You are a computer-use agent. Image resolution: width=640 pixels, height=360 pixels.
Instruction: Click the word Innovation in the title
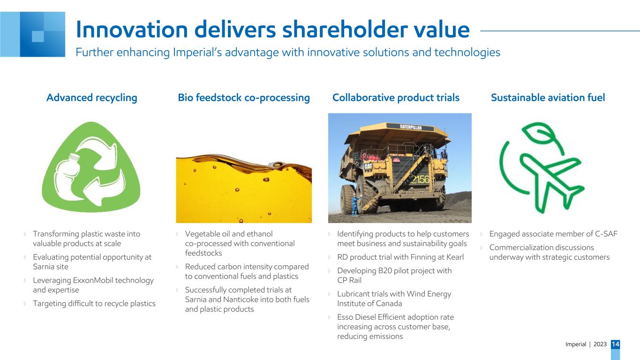point(132,30)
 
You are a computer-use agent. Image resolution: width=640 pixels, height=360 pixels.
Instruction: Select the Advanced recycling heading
point(92,97)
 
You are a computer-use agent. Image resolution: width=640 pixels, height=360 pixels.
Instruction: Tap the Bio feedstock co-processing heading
point(244,97)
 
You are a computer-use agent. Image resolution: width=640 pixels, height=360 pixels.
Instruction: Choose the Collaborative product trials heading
point(396,97)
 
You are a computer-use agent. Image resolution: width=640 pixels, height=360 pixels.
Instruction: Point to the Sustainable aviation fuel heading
point(548,97)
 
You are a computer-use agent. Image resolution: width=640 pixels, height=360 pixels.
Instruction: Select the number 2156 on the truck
point(420,180)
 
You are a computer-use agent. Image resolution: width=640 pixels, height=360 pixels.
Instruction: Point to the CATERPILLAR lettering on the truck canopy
point(411,127)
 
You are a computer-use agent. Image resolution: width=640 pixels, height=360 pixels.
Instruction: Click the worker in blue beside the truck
point(355,204)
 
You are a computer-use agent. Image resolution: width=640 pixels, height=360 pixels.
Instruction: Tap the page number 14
point(616,344)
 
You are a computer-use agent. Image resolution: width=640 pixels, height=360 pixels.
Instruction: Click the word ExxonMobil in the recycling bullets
point(93,280)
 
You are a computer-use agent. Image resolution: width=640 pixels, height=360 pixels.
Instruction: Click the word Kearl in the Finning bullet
point(455,257)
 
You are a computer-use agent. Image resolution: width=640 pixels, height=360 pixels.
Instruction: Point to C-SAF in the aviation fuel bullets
point(606,234)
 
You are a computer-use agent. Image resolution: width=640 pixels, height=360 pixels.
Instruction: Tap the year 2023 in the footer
point(600,344)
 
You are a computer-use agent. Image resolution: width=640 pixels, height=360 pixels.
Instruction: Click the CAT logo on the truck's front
point(368,166)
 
